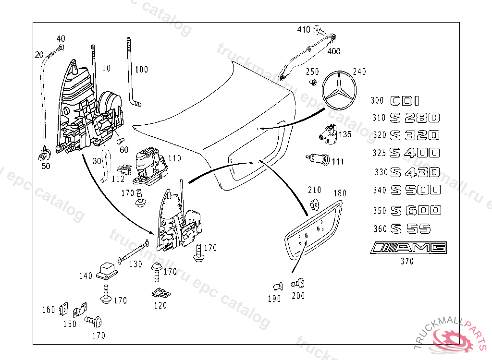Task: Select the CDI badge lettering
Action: [x=405, y=101]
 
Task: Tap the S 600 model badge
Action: [x=416, y=210]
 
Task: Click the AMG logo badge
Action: [x=409, y=248]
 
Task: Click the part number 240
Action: [x=359, y=72]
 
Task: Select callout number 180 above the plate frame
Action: [x=340, y=193]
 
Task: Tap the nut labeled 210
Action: [x=315, y=204]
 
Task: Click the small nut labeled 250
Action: [x=313, y=83]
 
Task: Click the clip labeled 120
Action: [x=160, y=292]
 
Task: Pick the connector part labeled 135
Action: [x=329, y=133]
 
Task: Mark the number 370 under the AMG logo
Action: [x=407, y=262]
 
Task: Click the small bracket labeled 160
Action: [x=62, y=310]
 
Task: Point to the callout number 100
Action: [x=141, y=70]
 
